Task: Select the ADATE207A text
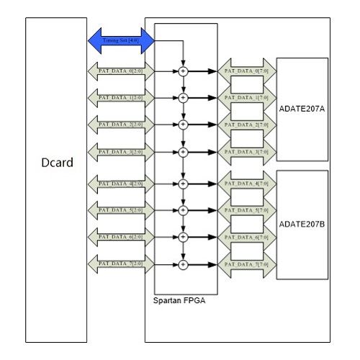pos(302,111)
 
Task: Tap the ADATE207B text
pos(302,224)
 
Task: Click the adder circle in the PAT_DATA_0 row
pos(183,71)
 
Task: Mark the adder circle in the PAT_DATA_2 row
pos(183,125)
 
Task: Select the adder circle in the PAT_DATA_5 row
pos(183,210)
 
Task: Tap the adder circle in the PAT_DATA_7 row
pos(183,264)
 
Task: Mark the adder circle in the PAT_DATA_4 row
pos(183,184)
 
